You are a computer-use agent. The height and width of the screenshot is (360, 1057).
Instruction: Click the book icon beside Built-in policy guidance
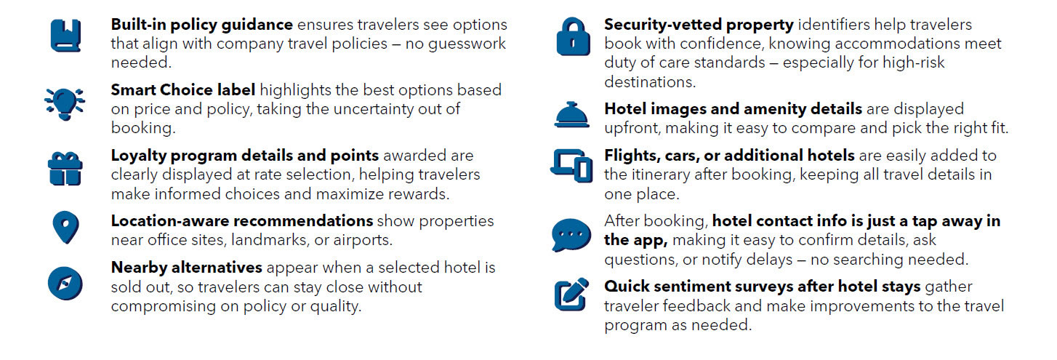pyautogui.click(x=65, y=35)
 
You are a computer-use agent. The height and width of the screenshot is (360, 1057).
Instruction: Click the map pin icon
pyautogui.click(x=65, y=228)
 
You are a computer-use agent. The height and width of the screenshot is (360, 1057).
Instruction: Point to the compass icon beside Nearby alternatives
pyautogui.click(x=65, y=282)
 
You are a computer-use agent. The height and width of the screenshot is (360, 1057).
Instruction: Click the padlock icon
pyautogui.click(x=573, y=36)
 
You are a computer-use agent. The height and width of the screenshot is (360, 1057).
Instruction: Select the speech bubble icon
pyautogui.click(x=571, y=234)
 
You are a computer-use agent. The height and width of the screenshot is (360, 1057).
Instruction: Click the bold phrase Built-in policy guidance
pyautogui.click(x=201, y=25)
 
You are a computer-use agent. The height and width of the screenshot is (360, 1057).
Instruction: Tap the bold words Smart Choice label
pyautogui.click(x=182, y=90)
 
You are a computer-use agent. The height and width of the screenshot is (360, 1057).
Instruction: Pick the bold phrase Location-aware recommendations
pyautogui.click(x=241, y=220)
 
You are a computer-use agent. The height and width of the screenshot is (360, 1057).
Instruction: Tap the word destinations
pyautogui.click(x=649, y=81)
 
